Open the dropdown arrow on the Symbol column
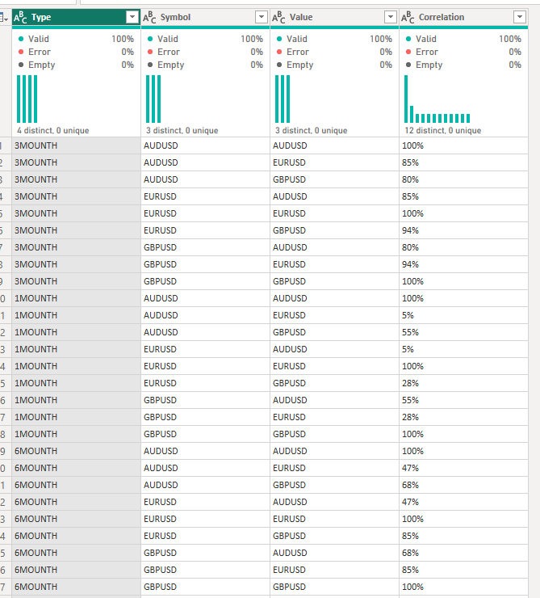[262, 17]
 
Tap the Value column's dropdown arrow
[391, 17]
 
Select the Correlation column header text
[442, 17]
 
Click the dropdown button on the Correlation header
[520, 17]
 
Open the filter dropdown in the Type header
[132, 17]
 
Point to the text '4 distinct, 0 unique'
[53, 130]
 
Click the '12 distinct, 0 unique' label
[443, 130]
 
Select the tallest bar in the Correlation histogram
[406, 99]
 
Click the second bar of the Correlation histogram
[412, 115]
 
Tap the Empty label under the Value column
[300, 65]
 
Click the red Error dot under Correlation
[408, 52]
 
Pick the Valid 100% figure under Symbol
[252, 39]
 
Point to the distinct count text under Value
[311, 130]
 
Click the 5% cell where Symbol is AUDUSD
[408, 315]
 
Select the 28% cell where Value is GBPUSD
[410, 383]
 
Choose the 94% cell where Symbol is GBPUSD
[410, 264]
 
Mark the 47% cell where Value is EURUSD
[410, 468]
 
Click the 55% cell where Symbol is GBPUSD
[410, 400]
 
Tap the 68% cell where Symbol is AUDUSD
[410, 485]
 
